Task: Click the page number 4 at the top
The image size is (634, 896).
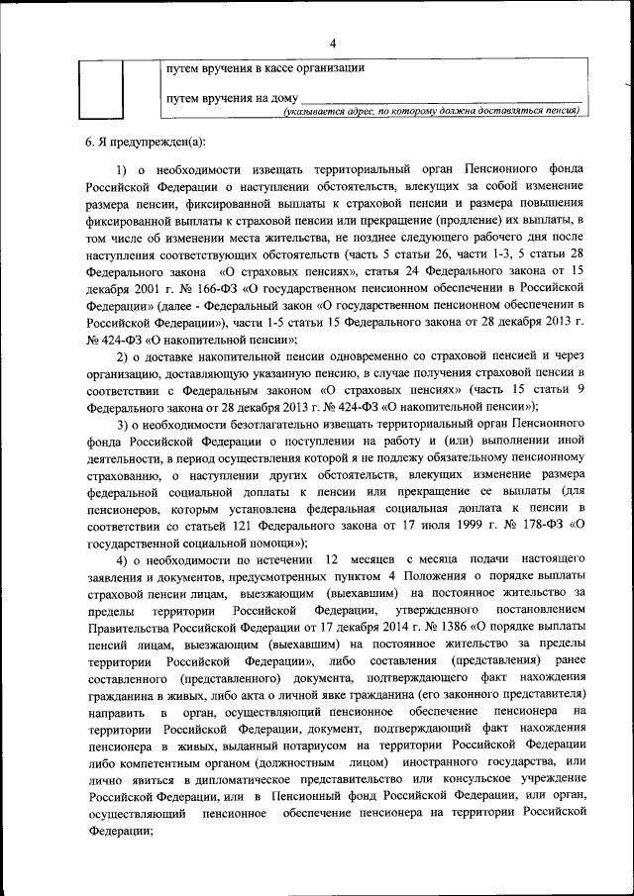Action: coord(333,43)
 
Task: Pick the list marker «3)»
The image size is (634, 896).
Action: coord(124,424)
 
